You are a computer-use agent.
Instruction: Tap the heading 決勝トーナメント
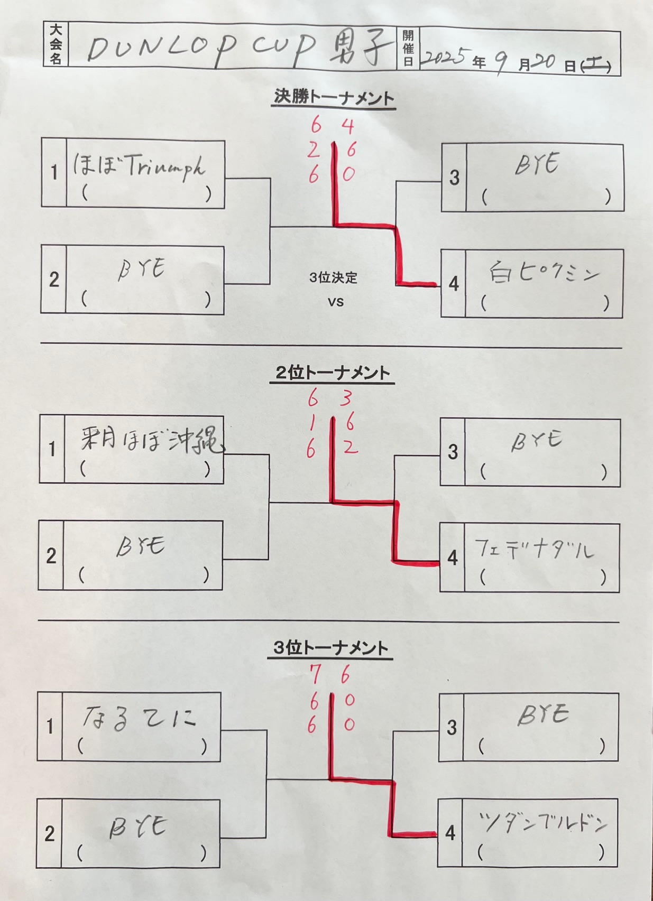point(334,98)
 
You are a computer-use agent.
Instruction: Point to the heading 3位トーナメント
point(331,648)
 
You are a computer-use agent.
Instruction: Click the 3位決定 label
point(333,277)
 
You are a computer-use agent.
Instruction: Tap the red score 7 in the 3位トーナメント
point(315,675)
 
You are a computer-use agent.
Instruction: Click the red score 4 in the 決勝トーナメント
point(347,126)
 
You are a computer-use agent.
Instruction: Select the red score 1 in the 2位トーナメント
point(312,423)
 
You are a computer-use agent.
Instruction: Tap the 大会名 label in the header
point(56,44)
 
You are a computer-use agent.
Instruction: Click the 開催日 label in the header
point(408,48)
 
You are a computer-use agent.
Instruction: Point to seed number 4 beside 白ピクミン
point(453,284)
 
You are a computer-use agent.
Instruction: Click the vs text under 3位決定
point(335,302)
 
